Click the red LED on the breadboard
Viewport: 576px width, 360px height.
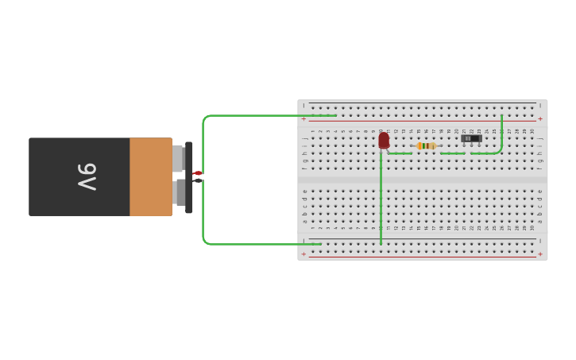[384, 141]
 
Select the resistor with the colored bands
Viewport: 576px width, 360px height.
[427, 145]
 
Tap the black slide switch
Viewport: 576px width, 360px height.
[471, 138]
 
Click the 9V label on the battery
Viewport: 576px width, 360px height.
[87, 176]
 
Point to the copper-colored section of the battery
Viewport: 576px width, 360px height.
[151, 176]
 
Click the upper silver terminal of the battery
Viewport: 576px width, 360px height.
[178, 158]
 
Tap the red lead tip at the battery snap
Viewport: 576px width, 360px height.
[198, 173]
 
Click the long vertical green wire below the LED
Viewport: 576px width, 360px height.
[381, 199]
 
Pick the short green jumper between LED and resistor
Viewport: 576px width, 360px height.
[400, 153]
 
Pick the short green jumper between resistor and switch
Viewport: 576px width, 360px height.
[453, 153]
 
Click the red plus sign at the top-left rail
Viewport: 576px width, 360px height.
[303, 119]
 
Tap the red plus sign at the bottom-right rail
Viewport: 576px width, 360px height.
[540, 254]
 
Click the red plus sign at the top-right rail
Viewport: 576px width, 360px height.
[540, 119]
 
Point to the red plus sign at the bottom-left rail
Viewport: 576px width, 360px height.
[303, 254]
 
